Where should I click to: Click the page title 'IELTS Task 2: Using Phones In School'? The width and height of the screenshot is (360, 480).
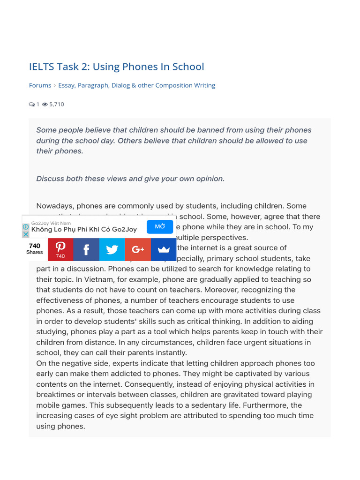[x=116, y=67]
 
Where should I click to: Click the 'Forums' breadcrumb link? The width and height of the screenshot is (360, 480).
[x=40, y=85]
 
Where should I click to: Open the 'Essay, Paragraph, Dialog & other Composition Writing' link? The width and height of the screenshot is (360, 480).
[x=136, y=85]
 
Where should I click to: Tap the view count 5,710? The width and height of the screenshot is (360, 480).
[x=57, y=104]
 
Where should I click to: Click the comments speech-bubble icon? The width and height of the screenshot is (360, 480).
[x=31, y=104]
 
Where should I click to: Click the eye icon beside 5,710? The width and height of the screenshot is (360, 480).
[x=45, y=104]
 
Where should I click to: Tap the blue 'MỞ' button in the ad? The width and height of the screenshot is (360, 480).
[x=160, y=227]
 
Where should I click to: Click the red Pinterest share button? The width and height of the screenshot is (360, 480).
[x=60, y=249]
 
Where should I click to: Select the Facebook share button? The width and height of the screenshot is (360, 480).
[x=86, y=249]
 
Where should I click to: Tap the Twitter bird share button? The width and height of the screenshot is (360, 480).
[x=112, y=249]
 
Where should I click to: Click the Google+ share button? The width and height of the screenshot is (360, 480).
[x=138, y=249]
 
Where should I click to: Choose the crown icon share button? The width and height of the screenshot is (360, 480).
[x=164, y=249]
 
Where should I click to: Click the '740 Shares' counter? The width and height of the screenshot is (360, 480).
[x=35, y=249]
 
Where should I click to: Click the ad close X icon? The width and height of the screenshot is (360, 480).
[x=26, y=234]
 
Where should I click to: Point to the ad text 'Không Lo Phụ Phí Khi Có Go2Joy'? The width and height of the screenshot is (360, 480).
[x=84, y=230]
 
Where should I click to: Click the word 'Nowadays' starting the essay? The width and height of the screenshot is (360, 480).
[x=55, y=206]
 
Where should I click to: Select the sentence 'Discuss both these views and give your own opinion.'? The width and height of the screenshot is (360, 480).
[x=130, y=179]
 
